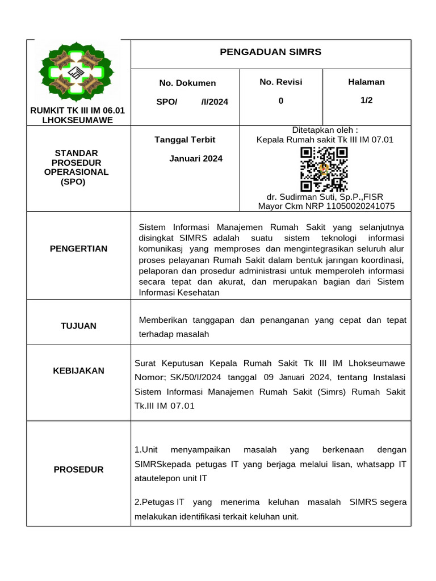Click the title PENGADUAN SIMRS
click(x=270, y=52)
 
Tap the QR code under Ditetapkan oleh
click(x=324, y=169)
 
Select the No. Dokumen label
click(x=187, y=83)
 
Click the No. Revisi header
click(x=280, y=82)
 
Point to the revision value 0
click(x=280, y=100)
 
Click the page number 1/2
click(x=366, y=100)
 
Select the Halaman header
click(x=366, y=82)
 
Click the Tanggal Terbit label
click(x=185, y=140)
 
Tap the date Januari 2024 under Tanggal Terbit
click(x=196, y=158)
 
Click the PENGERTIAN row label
click(x=78, y=249)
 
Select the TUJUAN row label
click(x=78, y=326)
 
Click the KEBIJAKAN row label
click(x=78, y=371)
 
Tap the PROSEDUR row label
click(x=78, y=469)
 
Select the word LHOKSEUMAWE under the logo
click(x=78, y=120)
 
